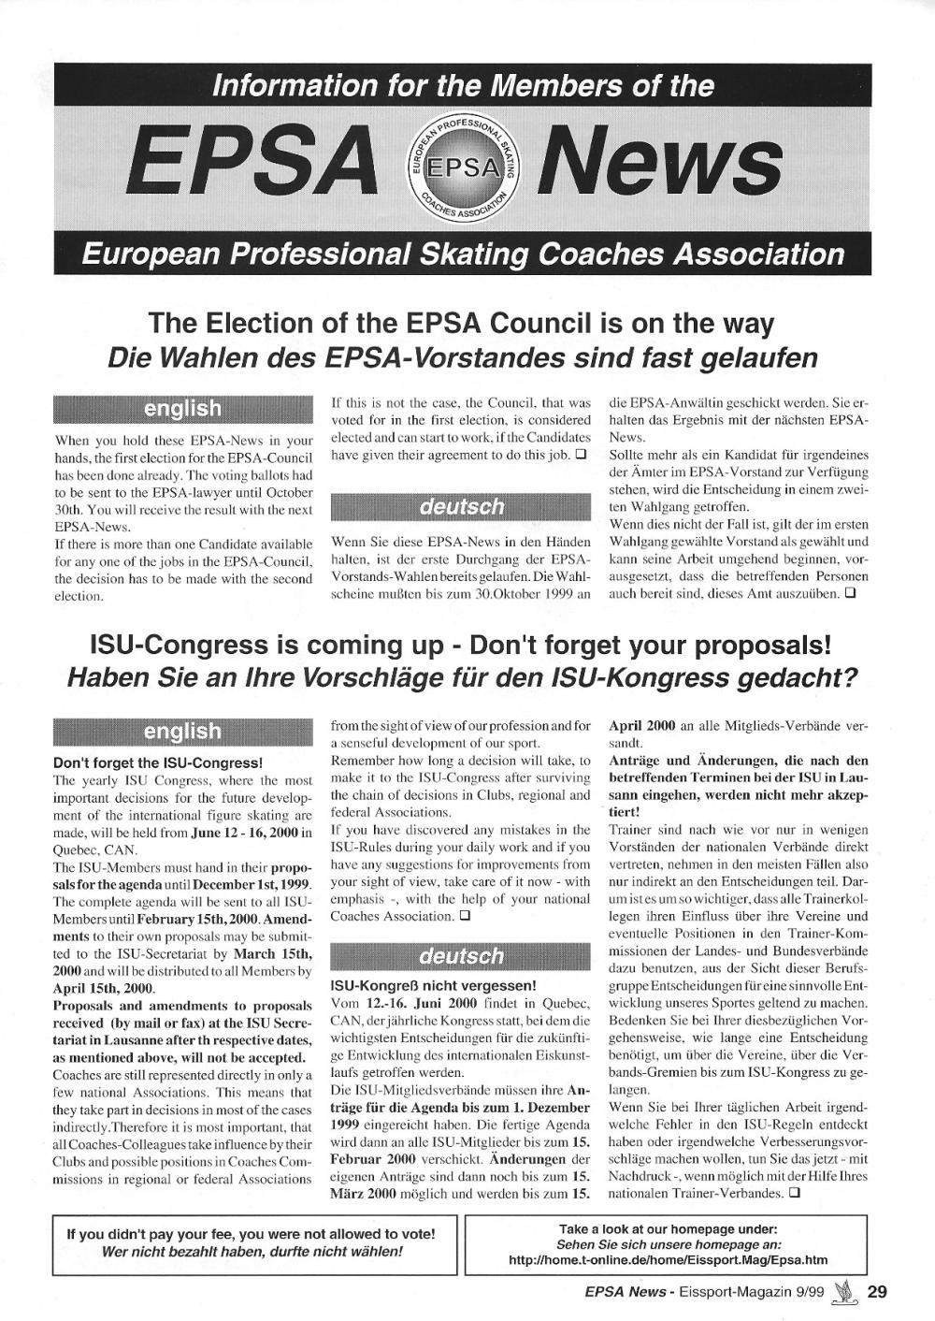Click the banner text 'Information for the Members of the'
click(x=463, y=86)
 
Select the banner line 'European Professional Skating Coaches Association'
click(x=463, y=254)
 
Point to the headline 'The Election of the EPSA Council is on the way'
click(x=462, y=324)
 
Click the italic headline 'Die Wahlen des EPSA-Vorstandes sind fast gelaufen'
click(x=462, y=358)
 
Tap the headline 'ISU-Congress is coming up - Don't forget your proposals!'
click(x=459, y=646)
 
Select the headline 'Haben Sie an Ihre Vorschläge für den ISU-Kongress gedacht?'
click(x=462, y=677)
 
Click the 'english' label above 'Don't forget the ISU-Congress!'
click(x=183, y=731)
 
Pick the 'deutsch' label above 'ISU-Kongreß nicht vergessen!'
click(x=461, y=956)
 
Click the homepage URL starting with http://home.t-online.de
click(x=668, y=1260)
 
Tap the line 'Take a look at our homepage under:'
click(x=668, y=1228)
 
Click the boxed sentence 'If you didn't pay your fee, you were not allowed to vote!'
click(x=250, y=1234)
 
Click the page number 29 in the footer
click(x=877, y=1293)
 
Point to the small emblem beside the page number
click(x=846, y=1292)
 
